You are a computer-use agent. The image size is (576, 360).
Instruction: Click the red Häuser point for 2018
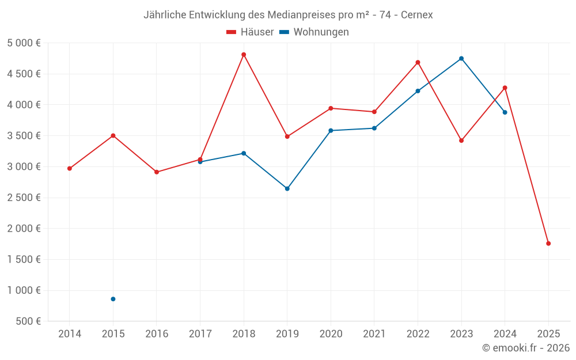[244, 55]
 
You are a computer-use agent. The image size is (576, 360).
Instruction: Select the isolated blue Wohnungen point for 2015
[113, 299]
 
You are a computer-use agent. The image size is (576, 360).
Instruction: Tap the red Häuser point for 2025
[548, 243]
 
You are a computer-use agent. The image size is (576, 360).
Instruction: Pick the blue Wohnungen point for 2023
[461, 58]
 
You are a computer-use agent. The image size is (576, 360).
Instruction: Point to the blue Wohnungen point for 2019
[287, 188]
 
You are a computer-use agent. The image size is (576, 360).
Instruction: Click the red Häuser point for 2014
[70, 168]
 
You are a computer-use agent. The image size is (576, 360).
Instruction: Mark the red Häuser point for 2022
[418, 62]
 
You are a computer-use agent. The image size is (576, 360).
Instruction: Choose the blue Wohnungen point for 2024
[505, 112]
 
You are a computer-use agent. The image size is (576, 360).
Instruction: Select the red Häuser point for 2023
[461, 141]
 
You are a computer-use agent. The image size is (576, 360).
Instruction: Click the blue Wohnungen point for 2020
[331, 131]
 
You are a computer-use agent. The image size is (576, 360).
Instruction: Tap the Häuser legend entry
[250, 32]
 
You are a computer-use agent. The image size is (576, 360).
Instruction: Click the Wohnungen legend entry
[314, 32]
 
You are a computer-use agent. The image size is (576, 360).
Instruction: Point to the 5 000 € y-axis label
[24, 43]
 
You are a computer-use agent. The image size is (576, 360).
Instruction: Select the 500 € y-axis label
[27, 321]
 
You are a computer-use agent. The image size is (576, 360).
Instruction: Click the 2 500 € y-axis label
[24, 198]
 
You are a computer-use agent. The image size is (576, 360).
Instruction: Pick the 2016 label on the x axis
[157, 334]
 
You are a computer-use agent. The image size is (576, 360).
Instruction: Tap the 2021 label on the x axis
[374, 334]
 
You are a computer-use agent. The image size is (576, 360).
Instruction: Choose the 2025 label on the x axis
[548, 334]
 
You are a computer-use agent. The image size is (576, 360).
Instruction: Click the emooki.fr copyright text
[526, 348]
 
